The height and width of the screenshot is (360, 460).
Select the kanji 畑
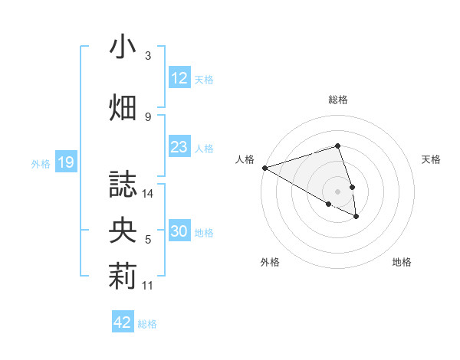(123, 107)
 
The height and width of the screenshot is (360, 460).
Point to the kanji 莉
(123, 277)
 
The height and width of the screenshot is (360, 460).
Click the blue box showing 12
(179, 78)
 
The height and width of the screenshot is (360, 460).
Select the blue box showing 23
(179, 147)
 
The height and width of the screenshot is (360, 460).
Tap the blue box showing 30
(179, 231)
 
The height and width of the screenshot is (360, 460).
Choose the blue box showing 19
(66, 162)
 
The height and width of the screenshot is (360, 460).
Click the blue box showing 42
(123, 322)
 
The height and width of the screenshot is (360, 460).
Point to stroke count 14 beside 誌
(148, 194)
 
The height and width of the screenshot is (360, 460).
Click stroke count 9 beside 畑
(148, 116)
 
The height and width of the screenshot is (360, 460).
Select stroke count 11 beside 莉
(148, 286)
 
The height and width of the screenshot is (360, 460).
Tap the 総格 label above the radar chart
(337, 100)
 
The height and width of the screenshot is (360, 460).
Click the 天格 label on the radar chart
(431, 159)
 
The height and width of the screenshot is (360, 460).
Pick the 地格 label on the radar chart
(402, 262)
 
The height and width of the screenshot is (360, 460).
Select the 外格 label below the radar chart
(270, 262)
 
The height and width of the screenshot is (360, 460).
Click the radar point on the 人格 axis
(264, 167)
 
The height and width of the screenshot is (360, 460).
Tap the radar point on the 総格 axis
(337, 146)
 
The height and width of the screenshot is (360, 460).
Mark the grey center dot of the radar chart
(337, 191)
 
